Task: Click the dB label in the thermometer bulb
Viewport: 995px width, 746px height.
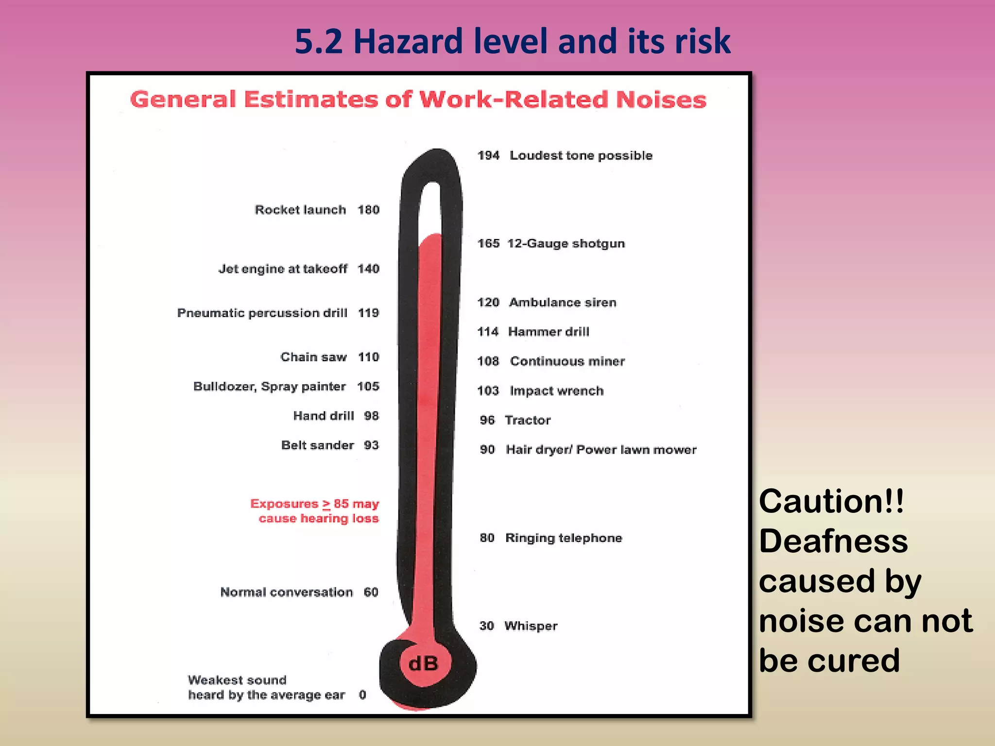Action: click(x=424, y=663)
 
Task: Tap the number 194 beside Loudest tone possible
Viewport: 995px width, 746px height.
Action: click(x=488, y=155)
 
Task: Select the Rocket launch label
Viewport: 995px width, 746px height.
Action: click(x=300, y=210)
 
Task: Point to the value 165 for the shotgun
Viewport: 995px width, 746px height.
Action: click(x=488, y=243)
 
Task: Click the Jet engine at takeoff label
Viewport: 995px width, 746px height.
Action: click(x=283, y=269)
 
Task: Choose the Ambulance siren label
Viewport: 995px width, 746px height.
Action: click(x=563, y=303)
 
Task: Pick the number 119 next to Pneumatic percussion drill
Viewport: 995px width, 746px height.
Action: click(x=368, y=313)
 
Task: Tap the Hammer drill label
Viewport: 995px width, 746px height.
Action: click(x=549, y=332)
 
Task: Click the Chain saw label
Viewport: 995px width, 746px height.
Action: click(x=313, y=357)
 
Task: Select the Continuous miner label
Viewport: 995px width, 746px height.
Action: click(x=567, y=361)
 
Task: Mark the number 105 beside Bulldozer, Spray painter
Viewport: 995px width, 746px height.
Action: click(x=368, y=387)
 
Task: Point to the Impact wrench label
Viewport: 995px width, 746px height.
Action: click(x=557, y=391)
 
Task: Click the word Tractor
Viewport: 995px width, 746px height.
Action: click(x=528, y=420)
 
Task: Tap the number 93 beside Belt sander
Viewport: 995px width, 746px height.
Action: click(x=371, y=445)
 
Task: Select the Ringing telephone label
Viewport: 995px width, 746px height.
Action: click(x=564, y=538)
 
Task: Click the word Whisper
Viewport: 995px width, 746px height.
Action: click(x=531, y=626)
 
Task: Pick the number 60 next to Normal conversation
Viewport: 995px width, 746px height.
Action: click(x=371, y=592)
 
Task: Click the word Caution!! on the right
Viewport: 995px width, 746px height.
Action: click(x=831, y=501)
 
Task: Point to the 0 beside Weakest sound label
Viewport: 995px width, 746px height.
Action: click(x=362, y=695)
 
